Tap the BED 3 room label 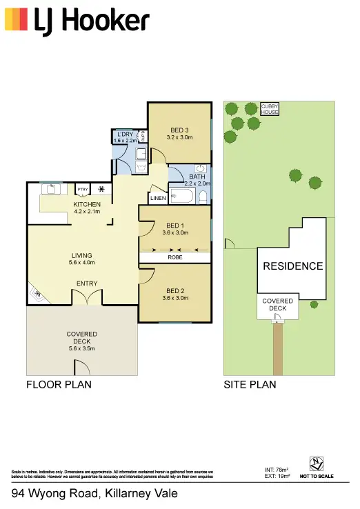(x=179, y=129)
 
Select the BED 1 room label (x=174, y=226)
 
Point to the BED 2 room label (x=174, y=290)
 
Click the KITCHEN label (x=87, y=204)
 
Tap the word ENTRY (x=87, y=283)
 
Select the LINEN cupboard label (x=157, y=199)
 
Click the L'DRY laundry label (x=125, y=133)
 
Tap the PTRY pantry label (x=82, y=188)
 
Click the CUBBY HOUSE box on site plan (x=269, y=109)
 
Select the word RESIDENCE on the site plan (x=292, y=266)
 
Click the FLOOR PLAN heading (x=59, y=384)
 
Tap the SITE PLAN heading (x=250, y=384)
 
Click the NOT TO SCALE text (x=317, y=477)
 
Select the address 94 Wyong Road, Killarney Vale (x=94, y=494)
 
